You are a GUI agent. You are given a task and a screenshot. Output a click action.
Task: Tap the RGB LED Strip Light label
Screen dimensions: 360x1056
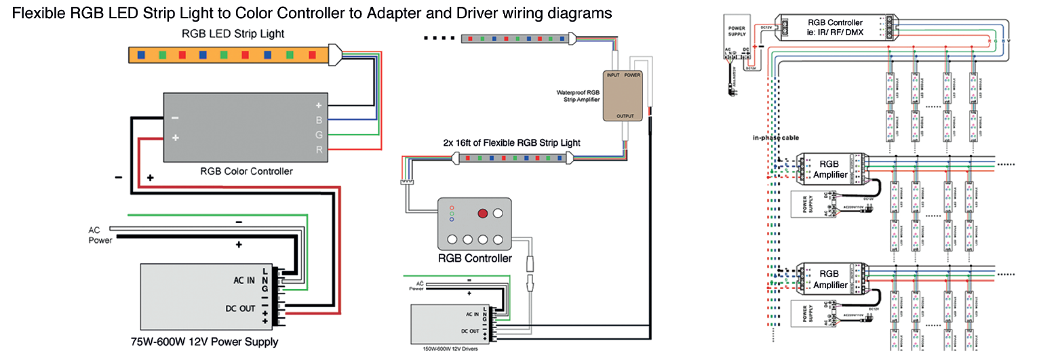[x=233, y=33]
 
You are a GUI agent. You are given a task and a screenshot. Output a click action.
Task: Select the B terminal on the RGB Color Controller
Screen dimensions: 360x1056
[x=318, y=121]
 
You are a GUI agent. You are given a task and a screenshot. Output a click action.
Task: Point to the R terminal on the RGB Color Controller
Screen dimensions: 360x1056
[x=318, y=149]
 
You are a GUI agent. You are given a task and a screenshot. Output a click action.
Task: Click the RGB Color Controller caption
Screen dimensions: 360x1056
[x=247, y=172]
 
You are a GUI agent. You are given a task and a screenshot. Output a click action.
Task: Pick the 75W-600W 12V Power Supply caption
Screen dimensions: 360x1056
[x=204, y=342]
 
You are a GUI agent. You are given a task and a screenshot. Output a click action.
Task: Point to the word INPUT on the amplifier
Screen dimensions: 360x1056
[x=613, y=76]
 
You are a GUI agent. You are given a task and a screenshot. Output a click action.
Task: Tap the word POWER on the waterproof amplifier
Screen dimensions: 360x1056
[x=632, y=76]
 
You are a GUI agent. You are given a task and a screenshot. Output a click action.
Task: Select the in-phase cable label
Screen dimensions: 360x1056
[x=775, y=138]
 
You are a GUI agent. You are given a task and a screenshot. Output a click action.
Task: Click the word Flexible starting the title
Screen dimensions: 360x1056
[x=39, y=13]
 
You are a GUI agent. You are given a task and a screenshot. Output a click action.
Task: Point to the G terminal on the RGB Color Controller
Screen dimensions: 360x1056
[x=318, y=135]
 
